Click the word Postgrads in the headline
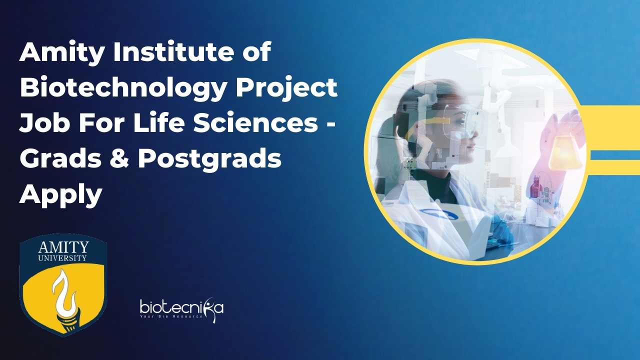tap(210, 159)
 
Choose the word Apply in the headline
tap(61, 195)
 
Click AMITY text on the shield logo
tap(63, 247)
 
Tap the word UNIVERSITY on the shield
tap(62, 258)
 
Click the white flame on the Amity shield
tap(64, 295)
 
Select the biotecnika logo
tap(181, 309)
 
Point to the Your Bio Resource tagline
tap(171, 316)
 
